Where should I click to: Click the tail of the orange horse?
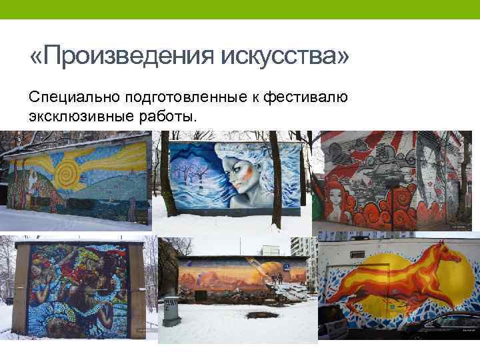click(x=339, y=303)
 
